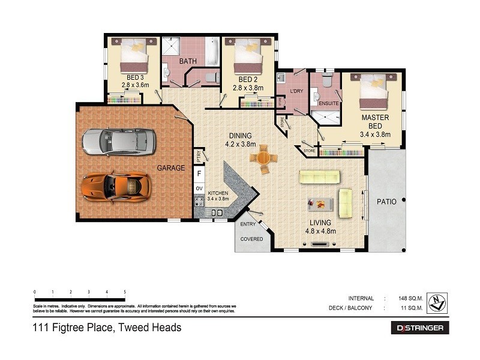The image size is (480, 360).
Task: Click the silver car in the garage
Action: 114,142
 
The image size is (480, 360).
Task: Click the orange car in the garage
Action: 115,186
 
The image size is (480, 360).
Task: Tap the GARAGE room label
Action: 171,168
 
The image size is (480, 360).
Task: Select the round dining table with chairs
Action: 264,159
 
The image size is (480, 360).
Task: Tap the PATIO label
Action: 387,202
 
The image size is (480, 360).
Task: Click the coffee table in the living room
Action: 320,204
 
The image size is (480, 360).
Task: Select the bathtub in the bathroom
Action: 212,52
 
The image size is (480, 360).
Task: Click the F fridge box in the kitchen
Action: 199,173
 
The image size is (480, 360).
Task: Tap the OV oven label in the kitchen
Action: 199,188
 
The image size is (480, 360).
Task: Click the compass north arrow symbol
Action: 437,303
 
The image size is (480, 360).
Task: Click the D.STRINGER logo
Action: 419,328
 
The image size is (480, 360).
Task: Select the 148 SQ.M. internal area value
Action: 412,298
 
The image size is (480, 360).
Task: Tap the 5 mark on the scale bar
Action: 125,292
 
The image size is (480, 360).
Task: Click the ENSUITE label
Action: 329,103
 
